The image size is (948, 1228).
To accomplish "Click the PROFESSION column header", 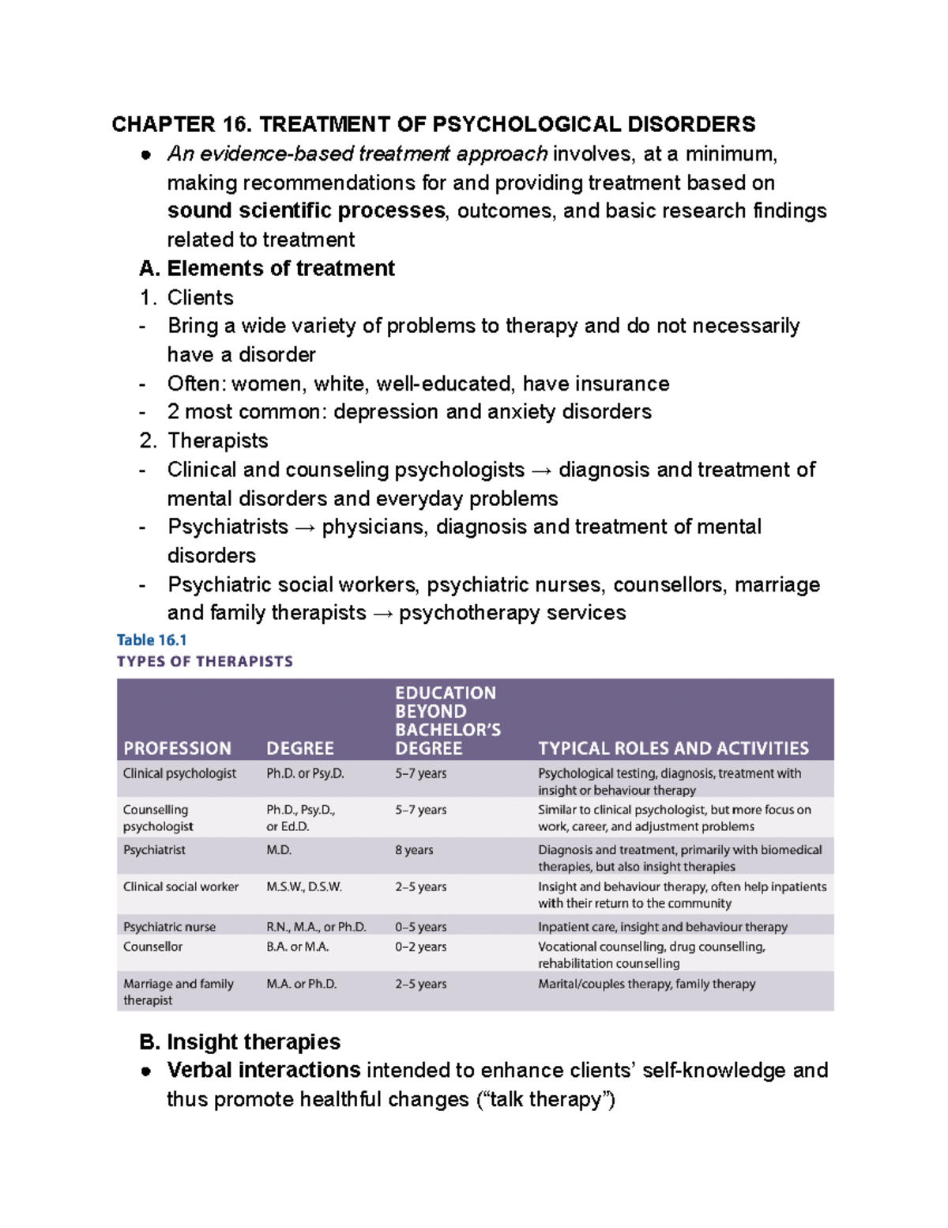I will coord(177,748).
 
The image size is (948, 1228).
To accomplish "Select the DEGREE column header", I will coord(300,748).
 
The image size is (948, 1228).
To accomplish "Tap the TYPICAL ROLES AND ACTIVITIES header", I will coord(673,748).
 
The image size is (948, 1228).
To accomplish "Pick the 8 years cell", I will coord(414,850).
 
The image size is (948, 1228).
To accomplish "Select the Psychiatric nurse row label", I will coord(169,927).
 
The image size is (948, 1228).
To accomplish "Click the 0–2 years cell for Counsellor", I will coord(420,947).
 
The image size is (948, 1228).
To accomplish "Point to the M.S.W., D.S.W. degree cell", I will coord(304,887).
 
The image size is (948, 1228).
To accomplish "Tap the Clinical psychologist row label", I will coord(179,773).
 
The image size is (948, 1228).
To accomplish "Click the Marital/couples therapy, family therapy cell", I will coord(646,984).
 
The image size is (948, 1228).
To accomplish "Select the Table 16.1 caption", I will coord(152,640).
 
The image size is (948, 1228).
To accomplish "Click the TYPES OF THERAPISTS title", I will coord(205,661).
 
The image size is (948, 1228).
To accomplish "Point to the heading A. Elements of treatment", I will coord(267,268).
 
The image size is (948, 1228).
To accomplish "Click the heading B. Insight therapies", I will coord(240,1041).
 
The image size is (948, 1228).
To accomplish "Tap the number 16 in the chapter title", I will coord(235,124).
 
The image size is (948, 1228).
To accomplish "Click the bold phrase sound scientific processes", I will coord(307,211).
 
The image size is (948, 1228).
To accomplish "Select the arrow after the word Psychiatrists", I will coord(305,527).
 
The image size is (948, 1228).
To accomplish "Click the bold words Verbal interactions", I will coord(264,1070).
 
